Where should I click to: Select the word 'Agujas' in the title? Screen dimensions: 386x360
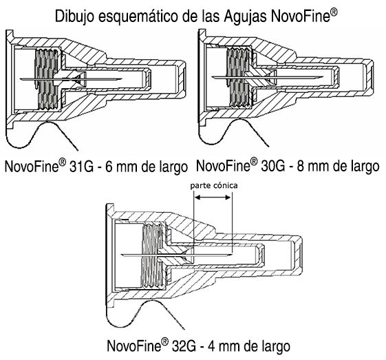[x=245, y=17]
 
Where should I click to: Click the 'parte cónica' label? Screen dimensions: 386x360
[x=214, y=185]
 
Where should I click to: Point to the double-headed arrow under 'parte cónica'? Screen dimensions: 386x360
[x=213, y=198]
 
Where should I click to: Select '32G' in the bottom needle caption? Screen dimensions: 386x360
[x=184, y=346]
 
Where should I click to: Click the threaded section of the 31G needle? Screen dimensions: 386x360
[x=47, y=78]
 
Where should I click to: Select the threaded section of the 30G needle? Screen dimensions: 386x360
[x=239, y=77]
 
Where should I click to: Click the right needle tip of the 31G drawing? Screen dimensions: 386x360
[x=122, y=79]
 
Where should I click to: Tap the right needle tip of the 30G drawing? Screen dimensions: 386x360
[x=323, y=77]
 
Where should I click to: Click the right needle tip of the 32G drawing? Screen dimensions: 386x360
[x=232, y=254]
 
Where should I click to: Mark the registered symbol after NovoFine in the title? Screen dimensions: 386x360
[x=334, y=12]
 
